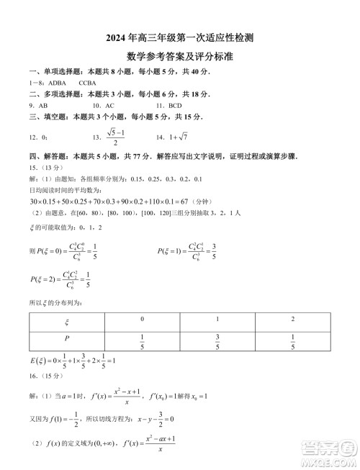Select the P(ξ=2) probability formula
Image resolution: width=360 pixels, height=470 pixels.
coord(68,281)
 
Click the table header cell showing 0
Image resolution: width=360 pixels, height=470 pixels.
coord(142,320)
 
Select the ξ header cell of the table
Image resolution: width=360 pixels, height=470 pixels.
coord(66,320)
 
